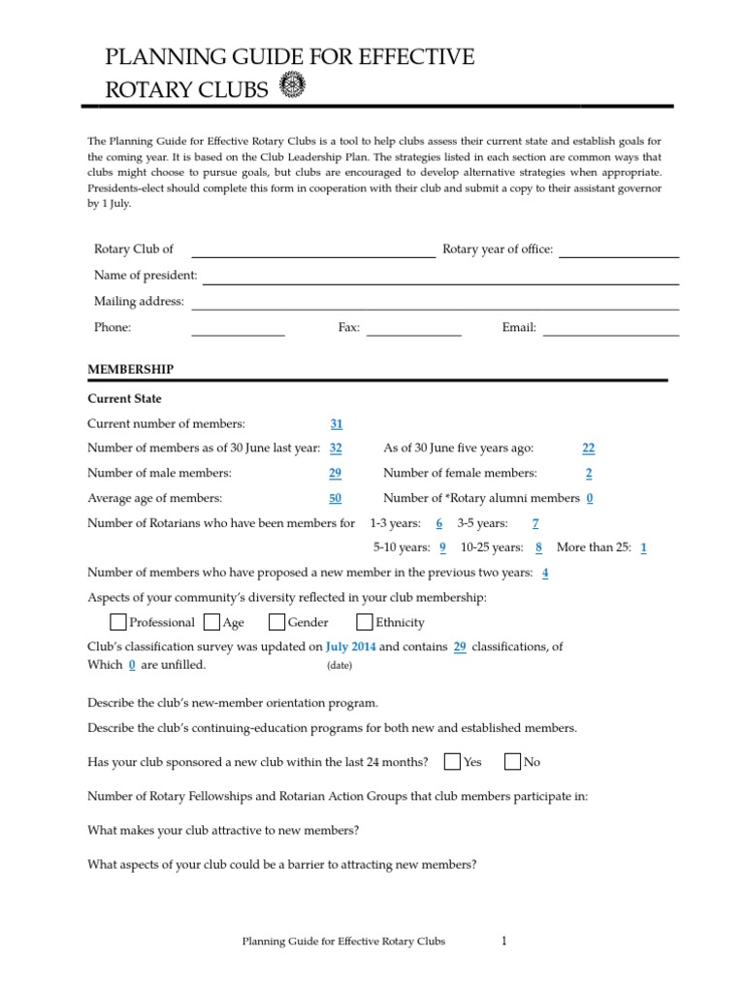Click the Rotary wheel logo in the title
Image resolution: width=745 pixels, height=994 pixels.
[x=291, y=86]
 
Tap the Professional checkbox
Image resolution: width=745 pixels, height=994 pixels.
[x=117, y=622]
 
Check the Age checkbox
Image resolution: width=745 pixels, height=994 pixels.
[x=211, y=622]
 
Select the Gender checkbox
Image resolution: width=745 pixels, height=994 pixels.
[x=276, y=622]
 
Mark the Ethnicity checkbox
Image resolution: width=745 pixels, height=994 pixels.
[x=365, y=622]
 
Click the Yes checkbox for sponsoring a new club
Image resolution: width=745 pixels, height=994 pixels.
[x=452, y=762]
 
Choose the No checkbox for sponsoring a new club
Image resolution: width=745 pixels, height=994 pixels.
[x=513, y=762]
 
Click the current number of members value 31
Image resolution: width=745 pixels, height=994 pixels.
[x=337, y=423]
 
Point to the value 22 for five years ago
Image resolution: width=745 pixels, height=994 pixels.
[x=588, y=447]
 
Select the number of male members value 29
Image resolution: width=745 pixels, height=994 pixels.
[x=336, y=473]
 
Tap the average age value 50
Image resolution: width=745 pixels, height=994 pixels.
[x=336, y=498]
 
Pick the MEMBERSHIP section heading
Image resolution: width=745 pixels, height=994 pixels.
[x=131, y=370]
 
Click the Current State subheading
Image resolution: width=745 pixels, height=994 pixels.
[x=124, y=399]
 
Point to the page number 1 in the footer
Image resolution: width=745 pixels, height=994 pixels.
[x=504, y=941]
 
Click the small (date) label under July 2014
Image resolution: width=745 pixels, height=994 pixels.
[x=340, y=666]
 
